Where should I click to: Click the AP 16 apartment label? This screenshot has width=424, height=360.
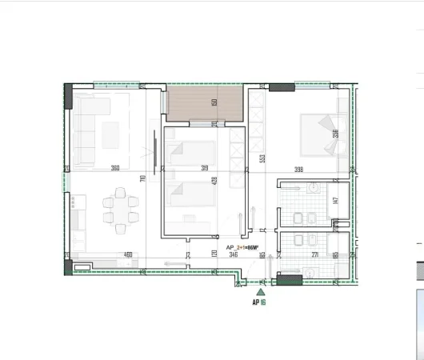pos(259,302)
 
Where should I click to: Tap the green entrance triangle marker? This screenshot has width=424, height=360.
pos(260,293)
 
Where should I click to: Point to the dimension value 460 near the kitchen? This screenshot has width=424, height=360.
pos(127,255)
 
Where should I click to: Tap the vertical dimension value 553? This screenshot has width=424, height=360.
pos(262,158)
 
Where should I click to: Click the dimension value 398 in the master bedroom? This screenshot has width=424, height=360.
pos(298,169)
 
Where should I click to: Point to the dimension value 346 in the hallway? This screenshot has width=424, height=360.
pos(233,255)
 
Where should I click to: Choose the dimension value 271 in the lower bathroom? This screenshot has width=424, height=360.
pos(314,255)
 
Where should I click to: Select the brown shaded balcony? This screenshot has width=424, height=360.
pos(204,103)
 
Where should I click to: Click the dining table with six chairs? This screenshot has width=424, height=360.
pos(118,210)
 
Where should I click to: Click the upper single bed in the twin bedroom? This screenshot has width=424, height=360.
pos(192,154)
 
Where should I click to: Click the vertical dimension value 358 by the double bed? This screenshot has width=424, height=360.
pos(335,134)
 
